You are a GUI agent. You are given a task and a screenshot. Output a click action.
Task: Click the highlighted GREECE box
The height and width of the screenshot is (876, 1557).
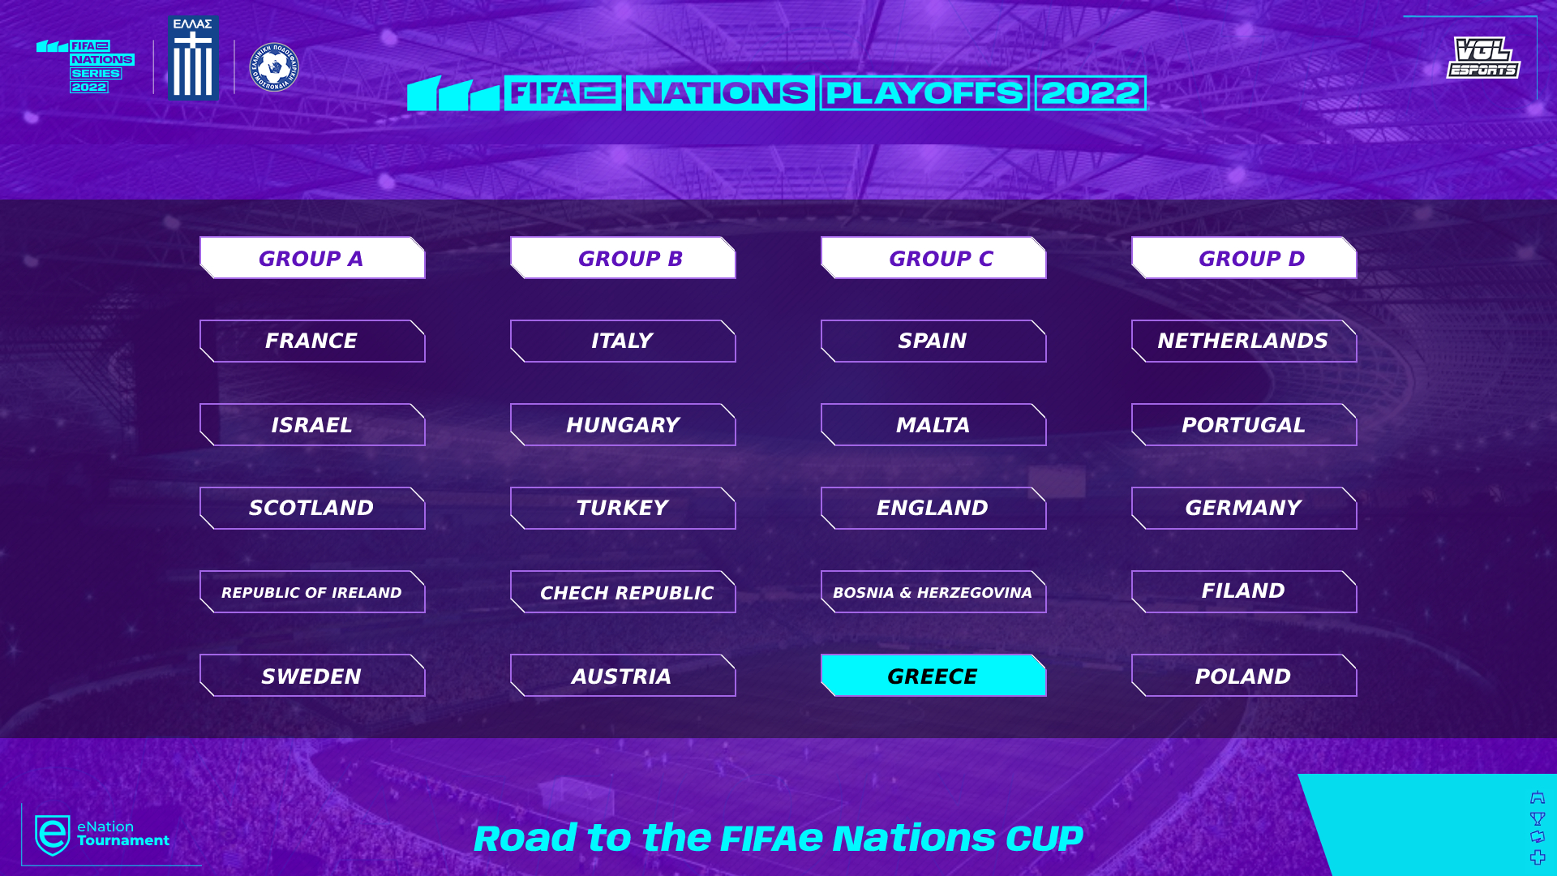pos(933,676)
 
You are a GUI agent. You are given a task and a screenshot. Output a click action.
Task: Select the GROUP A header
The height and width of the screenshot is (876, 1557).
pos(312,258)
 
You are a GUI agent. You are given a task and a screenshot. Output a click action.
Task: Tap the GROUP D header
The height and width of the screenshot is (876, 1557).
pos(1244,258)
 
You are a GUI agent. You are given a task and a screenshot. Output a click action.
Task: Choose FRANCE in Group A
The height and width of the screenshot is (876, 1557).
pos(312,341)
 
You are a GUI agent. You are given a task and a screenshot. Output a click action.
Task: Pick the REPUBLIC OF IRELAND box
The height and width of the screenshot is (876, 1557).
pos(312,592)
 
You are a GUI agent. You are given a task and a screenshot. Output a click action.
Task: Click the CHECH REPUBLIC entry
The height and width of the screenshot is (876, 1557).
pos(623,592)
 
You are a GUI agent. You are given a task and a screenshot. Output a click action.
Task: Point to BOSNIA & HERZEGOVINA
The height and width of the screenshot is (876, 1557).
pos(933,592)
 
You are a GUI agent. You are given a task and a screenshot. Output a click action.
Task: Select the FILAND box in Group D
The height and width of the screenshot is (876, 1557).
pos(1244,592)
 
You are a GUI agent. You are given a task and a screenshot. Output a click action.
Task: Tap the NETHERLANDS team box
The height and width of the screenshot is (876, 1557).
pos(1244,341)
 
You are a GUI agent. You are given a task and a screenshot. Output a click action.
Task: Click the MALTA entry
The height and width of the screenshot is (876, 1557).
pos(933,425)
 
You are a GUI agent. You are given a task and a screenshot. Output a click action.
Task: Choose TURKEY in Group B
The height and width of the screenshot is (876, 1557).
pos(623,509)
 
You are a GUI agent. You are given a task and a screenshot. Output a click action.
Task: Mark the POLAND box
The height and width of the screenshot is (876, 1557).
pos(1244,676)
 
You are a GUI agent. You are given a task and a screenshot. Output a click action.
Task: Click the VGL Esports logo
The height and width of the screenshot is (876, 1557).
pos(1483,58)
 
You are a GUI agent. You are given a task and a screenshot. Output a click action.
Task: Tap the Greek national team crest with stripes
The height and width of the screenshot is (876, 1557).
pos(193,58)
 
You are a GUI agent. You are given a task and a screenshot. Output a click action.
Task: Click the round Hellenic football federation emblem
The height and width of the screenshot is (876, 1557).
pos(274,67)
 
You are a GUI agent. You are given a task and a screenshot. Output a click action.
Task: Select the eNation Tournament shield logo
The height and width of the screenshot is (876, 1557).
pos(53,835)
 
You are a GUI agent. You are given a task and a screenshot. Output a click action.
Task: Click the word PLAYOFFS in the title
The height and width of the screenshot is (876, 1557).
pos(924,93)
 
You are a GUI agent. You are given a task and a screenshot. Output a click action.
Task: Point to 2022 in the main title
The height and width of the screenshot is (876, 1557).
pos(1090,93)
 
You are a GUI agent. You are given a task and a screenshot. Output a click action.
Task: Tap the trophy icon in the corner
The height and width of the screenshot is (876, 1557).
pos(1538,818)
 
